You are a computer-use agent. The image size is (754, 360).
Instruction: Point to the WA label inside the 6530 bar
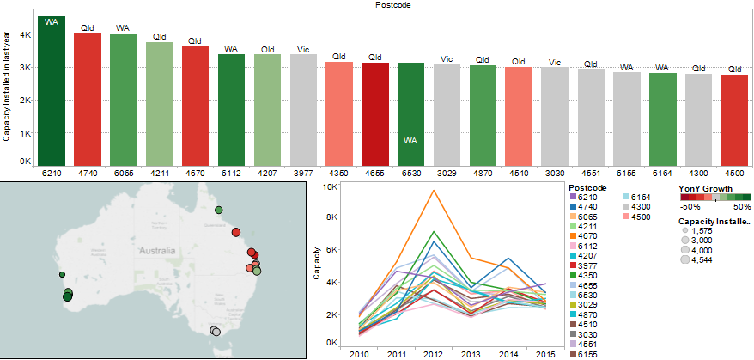(x=410, y=140)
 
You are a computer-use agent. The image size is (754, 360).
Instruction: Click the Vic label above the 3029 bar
(x=446, y=58)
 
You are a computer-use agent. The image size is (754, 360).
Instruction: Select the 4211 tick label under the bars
(x=159, y=173)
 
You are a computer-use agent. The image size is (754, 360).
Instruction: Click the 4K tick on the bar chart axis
(x=26, y=34)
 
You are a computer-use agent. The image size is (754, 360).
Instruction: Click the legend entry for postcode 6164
(x=642, y=197)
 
